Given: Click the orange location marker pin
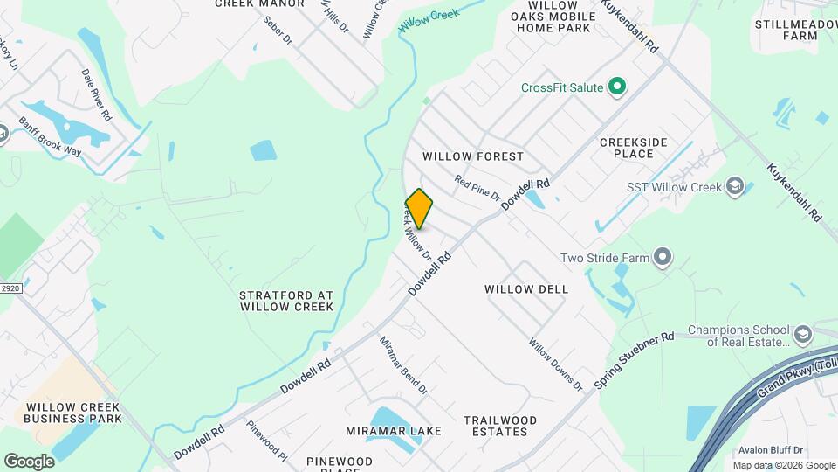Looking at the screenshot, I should pos(420,209).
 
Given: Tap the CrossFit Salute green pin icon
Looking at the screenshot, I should pos(618,87).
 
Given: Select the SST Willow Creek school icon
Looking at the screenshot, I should pos(735,187).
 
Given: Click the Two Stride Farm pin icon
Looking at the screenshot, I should pos(663,257).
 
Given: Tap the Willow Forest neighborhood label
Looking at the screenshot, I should pos(473,156).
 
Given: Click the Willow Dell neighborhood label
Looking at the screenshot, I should pos(526,288).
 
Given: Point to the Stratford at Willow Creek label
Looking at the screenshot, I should pos(286,302).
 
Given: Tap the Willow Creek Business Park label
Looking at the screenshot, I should pos(73,413).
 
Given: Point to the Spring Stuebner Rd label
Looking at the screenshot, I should pos(634,360).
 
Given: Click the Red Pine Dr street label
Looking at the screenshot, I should pos(477,188).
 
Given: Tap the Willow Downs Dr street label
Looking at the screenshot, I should pos(555,364).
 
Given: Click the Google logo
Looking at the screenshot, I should pos(29,462).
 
